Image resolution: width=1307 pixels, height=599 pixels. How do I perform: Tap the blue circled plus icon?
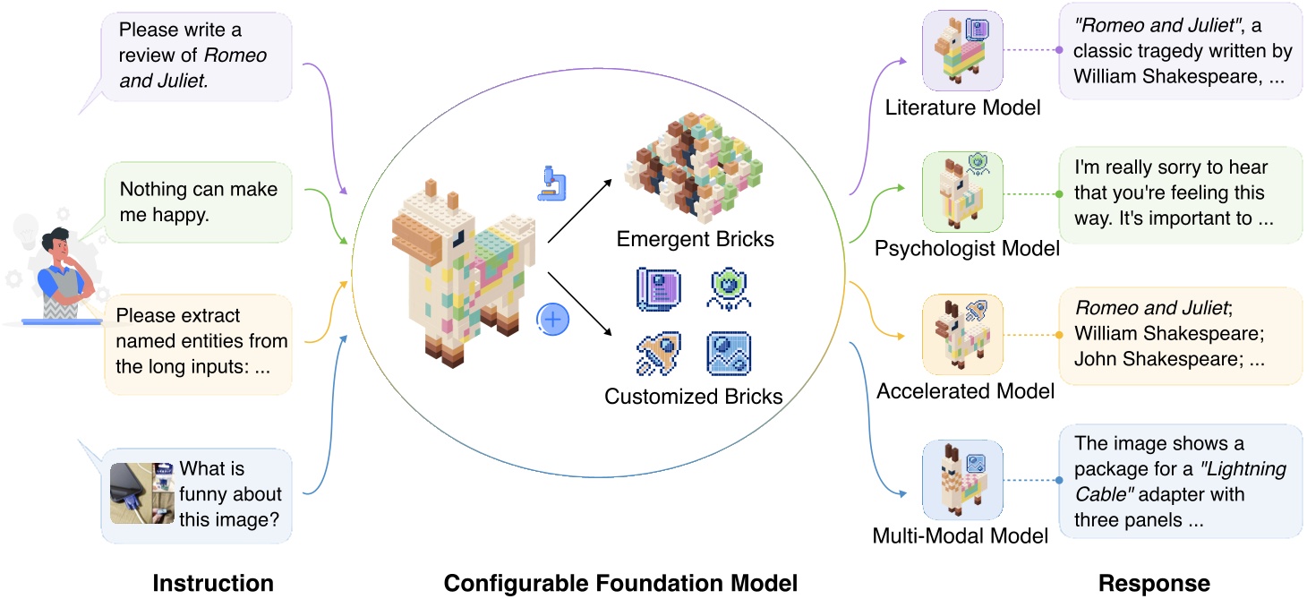[553, 320]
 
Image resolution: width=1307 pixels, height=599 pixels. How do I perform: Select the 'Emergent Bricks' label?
[695, 240]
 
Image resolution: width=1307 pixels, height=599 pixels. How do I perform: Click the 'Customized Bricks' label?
[694, 396]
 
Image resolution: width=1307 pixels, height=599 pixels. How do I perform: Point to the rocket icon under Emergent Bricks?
[659, 354]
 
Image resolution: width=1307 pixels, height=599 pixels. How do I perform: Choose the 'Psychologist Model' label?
[967, 248]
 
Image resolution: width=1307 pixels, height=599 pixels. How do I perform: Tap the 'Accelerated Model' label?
[965, 391]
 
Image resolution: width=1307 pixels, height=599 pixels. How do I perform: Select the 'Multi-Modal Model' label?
[960, 536]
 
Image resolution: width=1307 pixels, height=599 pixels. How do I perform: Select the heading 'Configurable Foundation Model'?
[620, 584]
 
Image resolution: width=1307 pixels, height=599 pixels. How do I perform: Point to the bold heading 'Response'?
[1154, 584]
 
